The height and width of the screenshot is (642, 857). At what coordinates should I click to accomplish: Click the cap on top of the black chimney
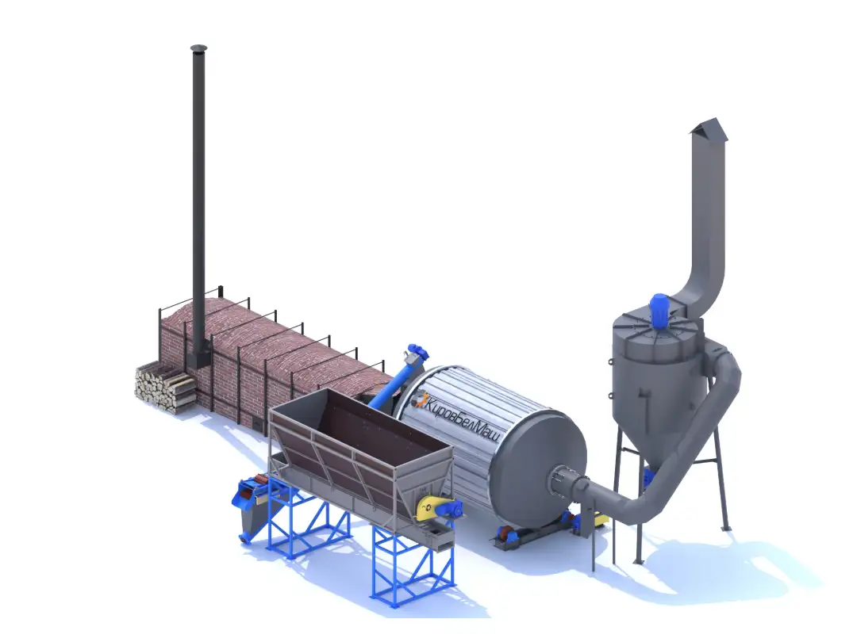tap(199, 49)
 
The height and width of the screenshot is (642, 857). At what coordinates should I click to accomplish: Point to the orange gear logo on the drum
tap(418, 402)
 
